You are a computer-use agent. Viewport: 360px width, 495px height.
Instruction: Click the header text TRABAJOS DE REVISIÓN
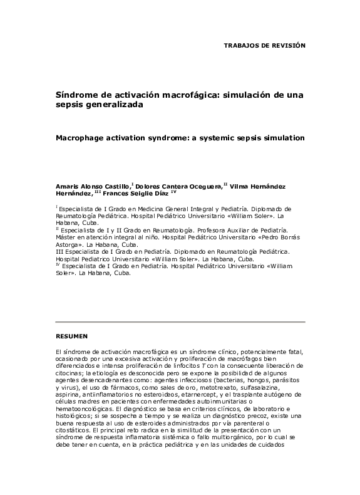click(x=264, y=46)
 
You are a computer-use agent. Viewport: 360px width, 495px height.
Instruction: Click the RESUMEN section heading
click(x=71, y=335)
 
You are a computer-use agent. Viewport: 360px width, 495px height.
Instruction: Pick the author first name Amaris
click(x=67, y=186)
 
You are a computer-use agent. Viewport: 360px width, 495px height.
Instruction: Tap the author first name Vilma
click(x=242, y=186)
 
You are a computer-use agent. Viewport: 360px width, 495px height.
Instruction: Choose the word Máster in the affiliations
click(x=66, y=237)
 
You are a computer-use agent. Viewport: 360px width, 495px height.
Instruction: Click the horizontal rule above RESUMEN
click(x=180, y=322)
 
